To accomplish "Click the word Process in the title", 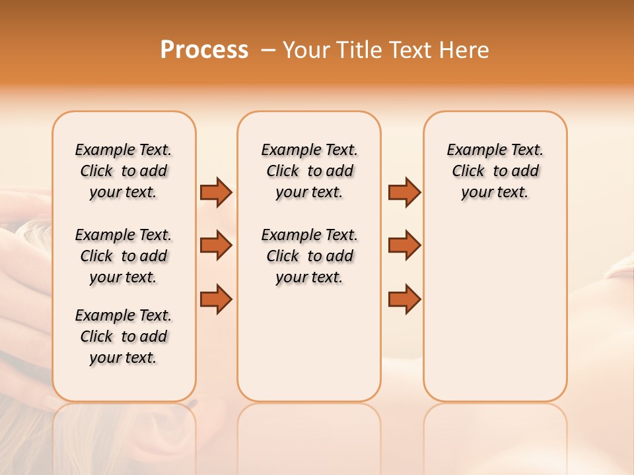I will [x=204, y=50].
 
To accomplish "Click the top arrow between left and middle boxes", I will [x=216, y=192].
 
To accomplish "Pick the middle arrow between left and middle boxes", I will [x=216, y=245].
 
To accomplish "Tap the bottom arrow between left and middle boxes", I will [x=216, y=299].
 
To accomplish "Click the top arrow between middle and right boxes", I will [x=404, y=192].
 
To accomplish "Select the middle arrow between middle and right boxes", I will [x=404, y=245].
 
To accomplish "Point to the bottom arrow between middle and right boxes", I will [x=404, y=299].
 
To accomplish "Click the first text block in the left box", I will [x=123, y=171].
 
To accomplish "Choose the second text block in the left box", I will [x=123, y=256].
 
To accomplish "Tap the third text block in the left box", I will [x=123, y=336].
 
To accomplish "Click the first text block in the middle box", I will [x=309, y=171].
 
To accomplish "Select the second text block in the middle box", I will [x=309, y=256].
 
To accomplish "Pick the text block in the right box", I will [x=495, y=171].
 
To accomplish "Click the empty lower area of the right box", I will [x=495, y=310].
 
